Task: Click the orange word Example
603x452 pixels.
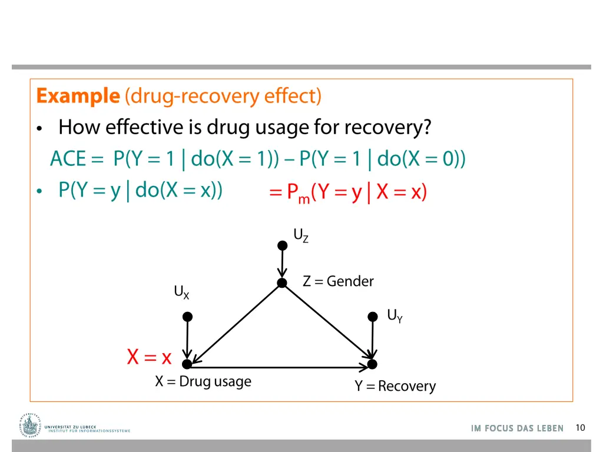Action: pos(78,95)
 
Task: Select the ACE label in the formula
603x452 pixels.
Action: pos(68,159)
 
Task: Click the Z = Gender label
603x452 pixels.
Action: pos(338,281)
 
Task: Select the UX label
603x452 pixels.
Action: pos(181,292)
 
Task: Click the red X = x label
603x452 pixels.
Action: pos(149,357)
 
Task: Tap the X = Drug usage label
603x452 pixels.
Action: pos(203,381)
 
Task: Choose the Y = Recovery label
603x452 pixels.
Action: pos(395,386)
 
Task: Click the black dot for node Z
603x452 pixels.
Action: pos(282,283)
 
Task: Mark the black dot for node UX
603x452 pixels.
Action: pos(187,317)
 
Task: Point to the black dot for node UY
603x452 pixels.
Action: pos(373,317)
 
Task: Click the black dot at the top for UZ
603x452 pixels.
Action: pos(282,244)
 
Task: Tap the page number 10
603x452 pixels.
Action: pos(580,428)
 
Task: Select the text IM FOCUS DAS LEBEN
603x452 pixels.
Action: pos(517,428)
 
